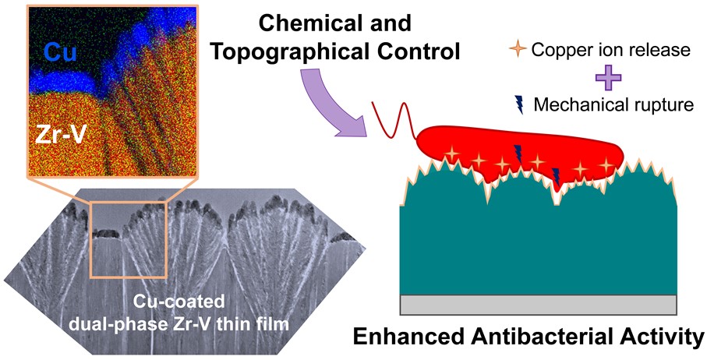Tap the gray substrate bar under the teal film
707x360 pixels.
point(538,302)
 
